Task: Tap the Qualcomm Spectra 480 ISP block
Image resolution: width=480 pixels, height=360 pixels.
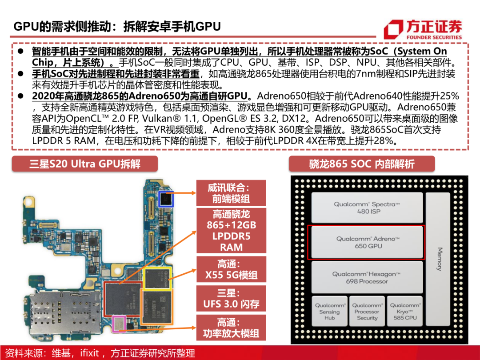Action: point(367,208)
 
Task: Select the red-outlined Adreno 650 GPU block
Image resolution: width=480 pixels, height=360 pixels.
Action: point(366,243)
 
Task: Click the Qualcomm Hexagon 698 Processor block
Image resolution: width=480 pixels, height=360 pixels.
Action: point(367,277)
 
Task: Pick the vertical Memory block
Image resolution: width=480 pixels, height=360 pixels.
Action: point(438,259)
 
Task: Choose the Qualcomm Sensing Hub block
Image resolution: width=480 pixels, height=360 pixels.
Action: point(329,311)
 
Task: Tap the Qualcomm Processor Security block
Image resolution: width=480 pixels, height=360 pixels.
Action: point(367,311)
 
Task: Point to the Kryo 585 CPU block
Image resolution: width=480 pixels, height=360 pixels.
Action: point(405,311)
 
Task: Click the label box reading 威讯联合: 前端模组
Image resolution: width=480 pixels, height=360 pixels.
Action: point(231,193)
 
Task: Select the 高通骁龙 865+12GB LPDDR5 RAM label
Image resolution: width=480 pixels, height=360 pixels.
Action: point(231,231)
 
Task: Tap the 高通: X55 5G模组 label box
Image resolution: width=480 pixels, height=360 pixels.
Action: point(231,269)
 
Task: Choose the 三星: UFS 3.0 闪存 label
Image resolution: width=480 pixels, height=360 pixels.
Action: point(231,299)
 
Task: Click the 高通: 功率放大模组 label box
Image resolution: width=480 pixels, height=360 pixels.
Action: point(231,328)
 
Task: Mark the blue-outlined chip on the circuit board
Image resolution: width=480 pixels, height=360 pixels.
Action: point(166,199)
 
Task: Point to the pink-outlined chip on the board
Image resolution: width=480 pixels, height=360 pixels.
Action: point(119,324)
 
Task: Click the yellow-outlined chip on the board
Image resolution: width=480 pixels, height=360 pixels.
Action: point(157,278)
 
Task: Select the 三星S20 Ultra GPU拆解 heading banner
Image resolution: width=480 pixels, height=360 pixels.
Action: point(85,164)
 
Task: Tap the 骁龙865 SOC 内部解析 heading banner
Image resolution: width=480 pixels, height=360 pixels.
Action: point(362,164)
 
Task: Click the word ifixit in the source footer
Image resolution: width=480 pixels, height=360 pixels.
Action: point(89,353)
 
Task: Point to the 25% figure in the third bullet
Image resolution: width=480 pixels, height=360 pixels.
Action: point(449,96)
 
